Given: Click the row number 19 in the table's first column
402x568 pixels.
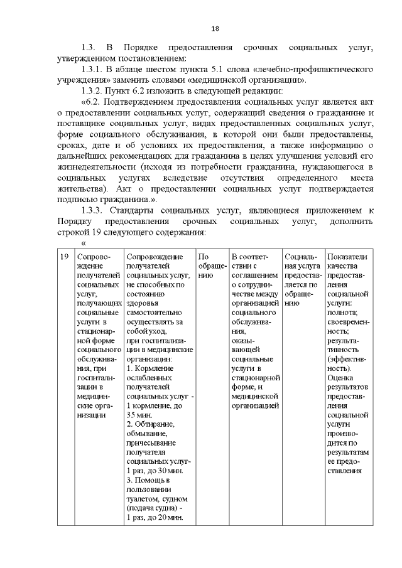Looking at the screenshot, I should pyautogui.click(x=64, y=257).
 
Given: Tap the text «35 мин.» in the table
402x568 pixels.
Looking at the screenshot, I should pyautogui.click(x=139, y=415).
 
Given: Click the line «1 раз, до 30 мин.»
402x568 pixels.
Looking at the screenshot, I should pyautogui.click(x=154, y=470).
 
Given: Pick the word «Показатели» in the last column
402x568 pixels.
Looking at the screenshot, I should pyautogui.click(x=347, y=257).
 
